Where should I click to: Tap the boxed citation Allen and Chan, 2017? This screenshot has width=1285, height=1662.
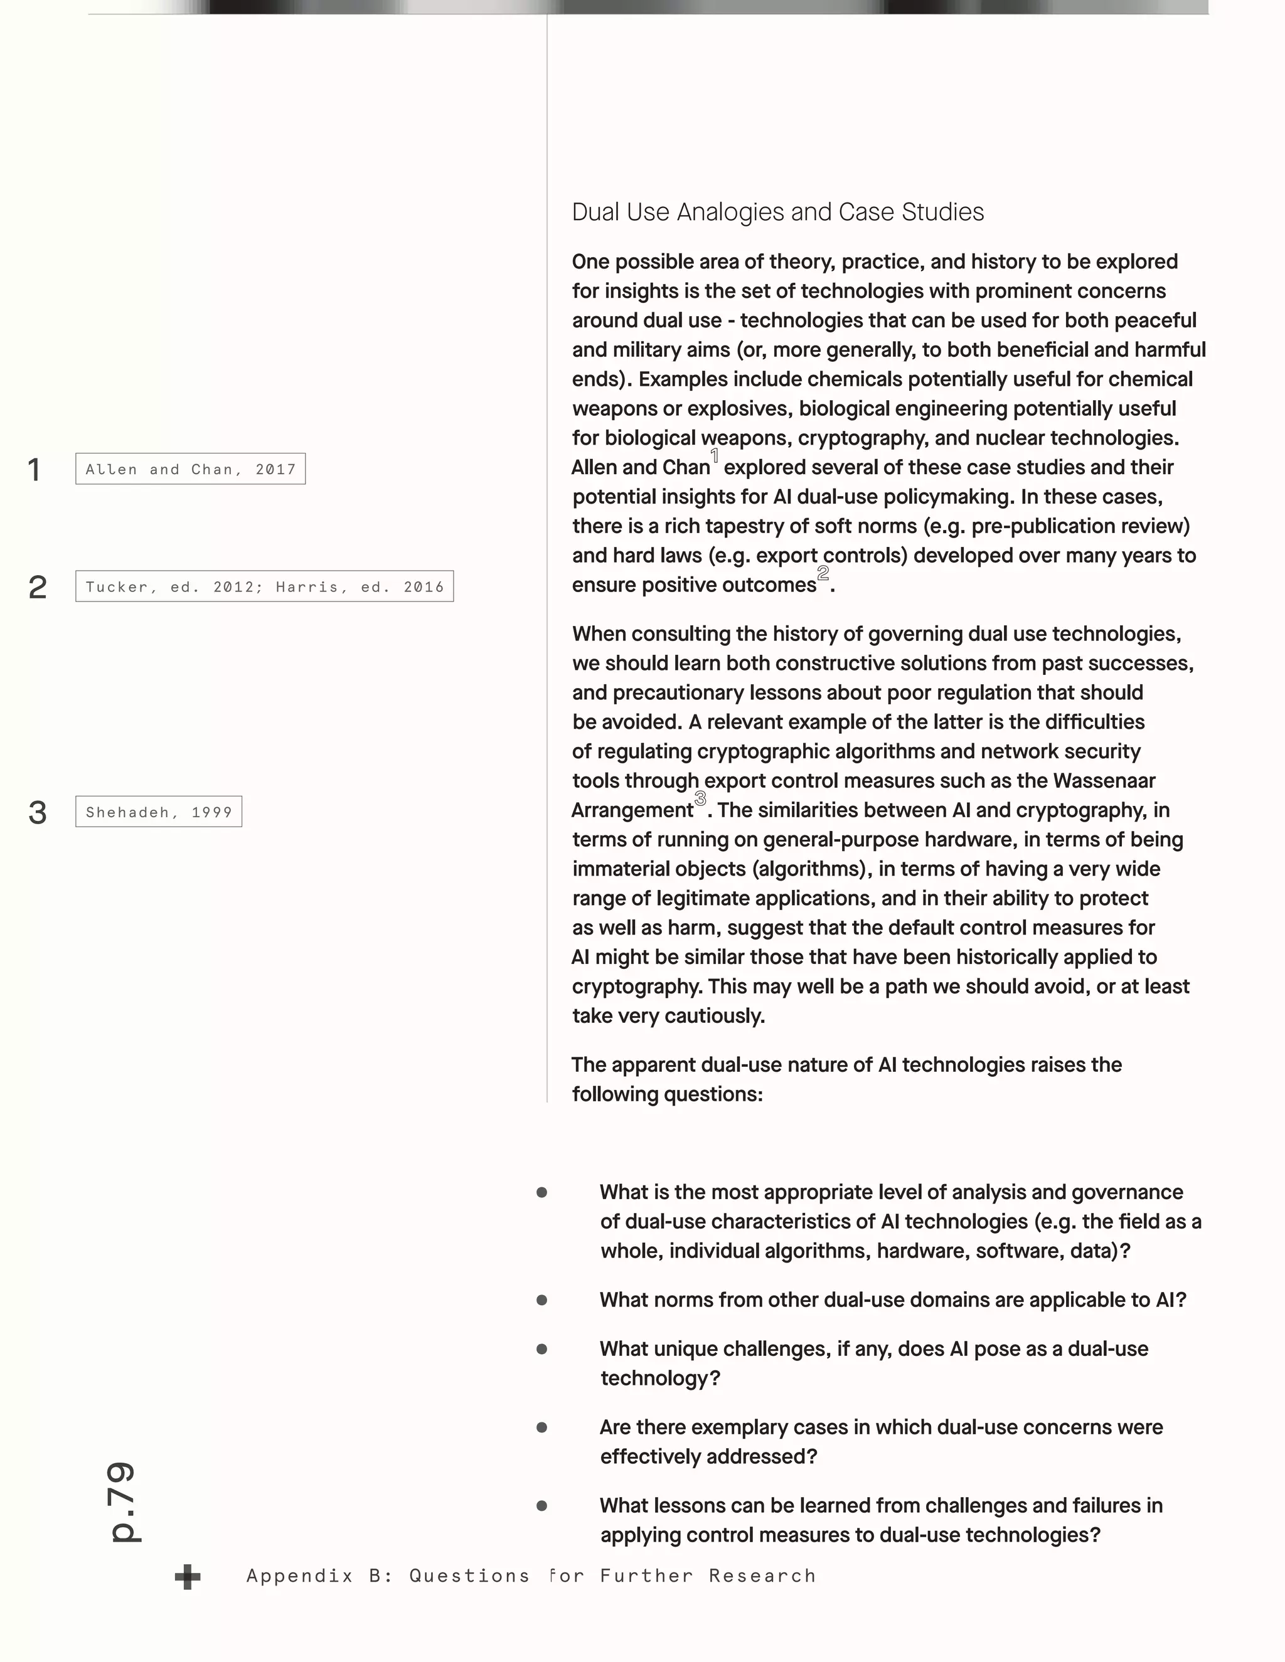[x=190, y=468]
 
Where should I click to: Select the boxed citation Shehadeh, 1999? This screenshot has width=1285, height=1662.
[x=158, y=812]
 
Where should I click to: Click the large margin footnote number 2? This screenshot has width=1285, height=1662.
[x=37, y=588]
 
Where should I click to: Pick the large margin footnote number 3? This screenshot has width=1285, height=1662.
[x=37, y=813]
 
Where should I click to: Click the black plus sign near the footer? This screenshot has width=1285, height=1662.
[x=187, y=1577]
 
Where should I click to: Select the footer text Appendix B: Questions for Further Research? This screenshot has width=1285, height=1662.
[x=531, y=1576]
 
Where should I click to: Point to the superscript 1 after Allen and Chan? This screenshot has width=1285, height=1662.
[x=715, y=456]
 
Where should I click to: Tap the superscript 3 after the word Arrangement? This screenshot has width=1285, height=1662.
[x=700, y=798]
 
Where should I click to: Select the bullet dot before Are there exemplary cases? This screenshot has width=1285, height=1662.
[x=542, y=1427]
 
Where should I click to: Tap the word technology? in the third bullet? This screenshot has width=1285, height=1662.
[x=660, y=1378]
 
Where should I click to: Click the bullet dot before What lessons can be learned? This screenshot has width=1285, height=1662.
[x=542, y=1506]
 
